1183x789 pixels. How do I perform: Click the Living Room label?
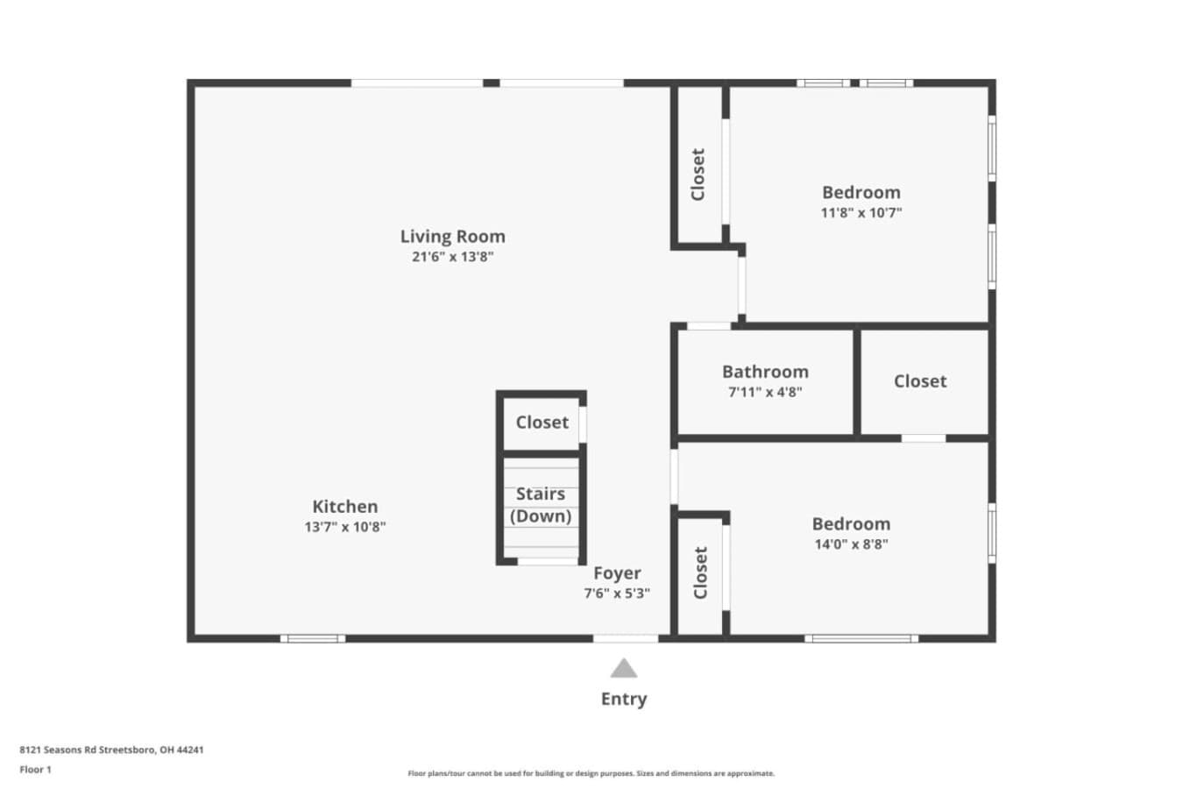pyautogui.click(x=452, y=236)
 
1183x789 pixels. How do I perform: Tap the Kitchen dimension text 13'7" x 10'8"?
pyautogui.click(x=345, y=527)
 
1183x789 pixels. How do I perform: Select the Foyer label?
pyautogui.click(x=617, y=572)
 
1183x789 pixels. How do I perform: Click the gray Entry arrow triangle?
pyautogui.click(x=624, y=668)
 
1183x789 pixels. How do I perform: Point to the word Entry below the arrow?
pyautogui.click(x=624, y=700)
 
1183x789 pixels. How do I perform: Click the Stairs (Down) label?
pyautogui.click(x=541, y=505)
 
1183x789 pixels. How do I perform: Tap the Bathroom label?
pyautogui.click(x=765, y=372)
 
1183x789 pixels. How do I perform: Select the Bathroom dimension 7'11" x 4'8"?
pyautogui.click(x=765, y=392)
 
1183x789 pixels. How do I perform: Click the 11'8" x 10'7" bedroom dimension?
pyautogui.click(x=861, y=213)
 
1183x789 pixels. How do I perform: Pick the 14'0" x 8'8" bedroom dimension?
pyautogui.click(x=852, y=544)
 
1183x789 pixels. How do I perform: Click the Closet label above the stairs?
pyautogui.click(x=542, y=423)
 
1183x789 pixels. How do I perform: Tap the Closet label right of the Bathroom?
pyautogui.click(x=920, y=381)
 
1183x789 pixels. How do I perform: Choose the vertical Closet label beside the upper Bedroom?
pyautogui.click(x=698, y=174)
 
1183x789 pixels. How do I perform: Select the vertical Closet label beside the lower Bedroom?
pyautogui.click(x=700, y=572)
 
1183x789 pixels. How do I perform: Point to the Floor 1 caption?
pyautogui.click(x=35, y=770)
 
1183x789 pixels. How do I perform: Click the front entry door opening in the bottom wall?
pyautogui.click(x=626, y=639)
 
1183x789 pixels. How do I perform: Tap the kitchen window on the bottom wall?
pyautogui.click(x=313, y=639)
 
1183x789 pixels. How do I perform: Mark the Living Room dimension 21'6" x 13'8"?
pyautogui.click(x=452, y=257)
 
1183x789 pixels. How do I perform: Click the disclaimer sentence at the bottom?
pyautogui.click(x=591, y=774)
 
